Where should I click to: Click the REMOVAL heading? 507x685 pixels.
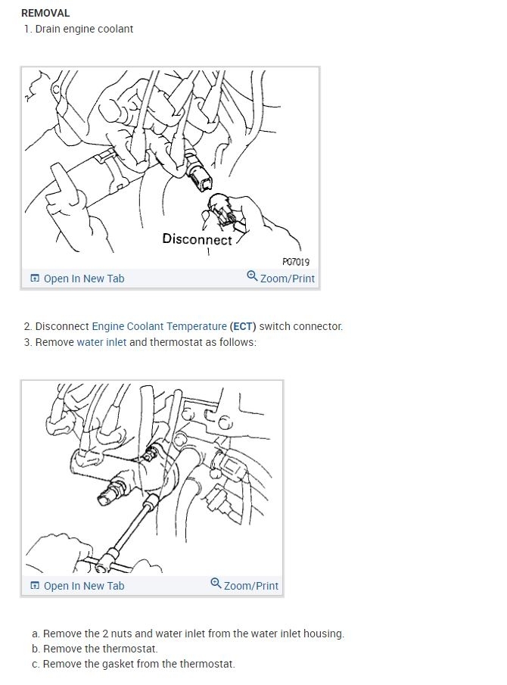(45, 13)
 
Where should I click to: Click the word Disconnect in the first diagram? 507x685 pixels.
(197, 239)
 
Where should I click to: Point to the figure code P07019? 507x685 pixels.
(296, 262)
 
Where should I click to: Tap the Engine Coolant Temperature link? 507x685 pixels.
(159, 326)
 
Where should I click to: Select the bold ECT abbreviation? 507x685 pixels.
(243, 326)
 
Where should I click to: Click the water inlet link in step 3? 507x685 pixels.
(101, 342)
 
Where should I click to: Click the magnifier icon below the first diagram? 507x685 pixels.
(252, 276)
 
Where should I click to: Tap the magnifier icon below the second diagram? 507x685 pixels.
(216, 583)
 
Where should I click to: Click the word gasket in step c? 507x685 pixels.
(117, 665)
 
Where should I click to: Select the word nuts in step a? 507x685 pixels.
(121, 634)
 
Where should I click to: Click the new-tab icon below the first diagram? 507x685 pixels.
(35, 279)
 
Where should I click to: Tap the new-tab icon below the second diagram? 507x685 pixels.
(35, 585)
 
